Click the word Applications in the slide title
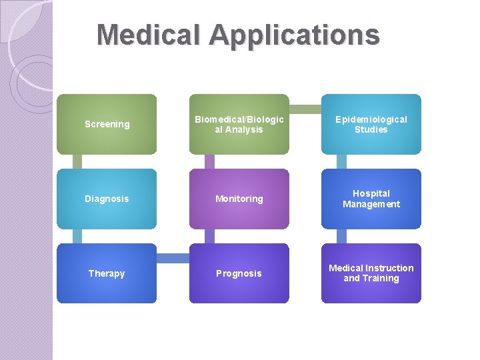(x=294, y=36)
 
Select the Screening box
(x=107, y=124)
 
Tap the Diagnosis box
(x=107, y=199)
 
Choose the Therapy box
(x=107, y=273)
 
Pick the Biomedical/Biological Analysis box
(x=239, y=124)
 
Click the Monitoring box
(x=239, y=199)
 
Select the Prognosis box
(x=239, y=273)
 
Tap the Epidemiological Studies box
(x=371, y=124)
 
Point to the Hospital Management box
(x=371, y=199)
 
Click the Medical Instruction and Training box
(x=371, y=273)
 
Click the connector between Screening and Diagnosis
(x=77, y=161)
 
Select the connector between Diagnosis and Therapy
(x=77, y=236)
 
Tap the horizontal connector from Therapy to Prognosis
(x=173, y=258)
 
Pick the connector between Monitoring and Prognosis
(x=209, y=236)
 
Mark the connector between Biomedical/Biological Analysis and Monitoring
(x=209, y=161)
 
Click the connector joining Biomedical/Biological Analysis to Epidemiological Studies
(x=305, y=109)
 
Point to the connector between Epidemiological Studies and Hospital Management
(x=341, y=161)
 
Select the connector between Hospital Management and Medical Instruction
(x=341, y=236)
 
